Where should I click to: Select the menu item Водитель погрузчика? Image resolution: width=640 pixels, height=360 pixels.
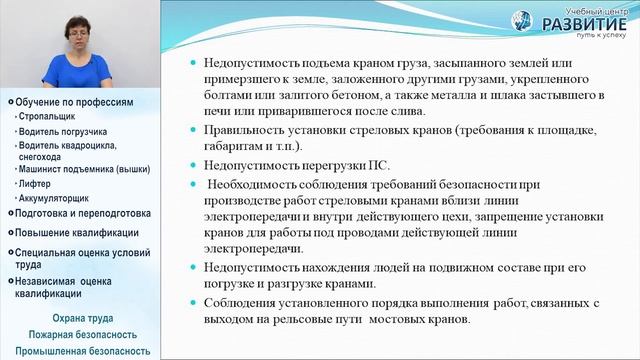[x=60, y=131]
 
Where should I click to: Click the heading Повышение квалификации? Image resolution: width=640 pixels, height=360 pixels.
[x=75, y=232]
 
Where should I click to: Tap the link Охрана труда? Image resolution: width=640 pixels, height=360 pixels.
[x=82, y=318]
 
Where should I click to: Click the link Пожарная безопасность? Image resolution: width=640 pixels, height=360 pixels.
[x=82, y=334]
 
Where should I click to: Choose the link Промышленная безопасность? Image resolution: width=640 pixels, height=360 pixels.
[x=82, y=351]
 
